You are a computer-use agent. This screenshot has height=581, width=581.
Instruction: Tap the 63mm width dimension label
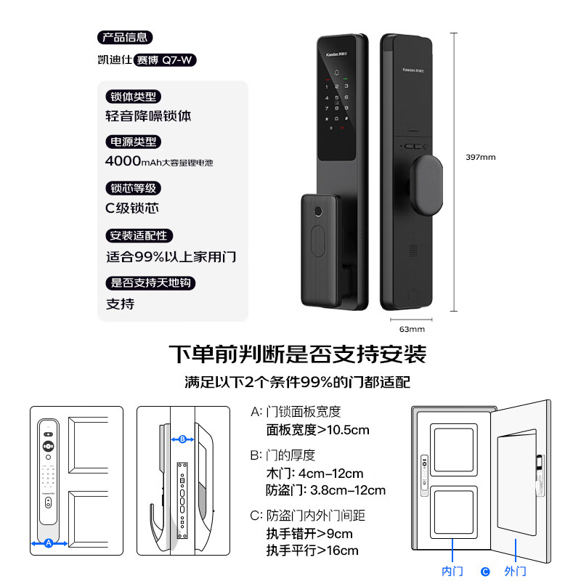click(411, 328)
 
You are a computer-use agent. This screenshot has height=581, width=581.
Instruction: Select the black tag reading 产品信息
click(124, 38)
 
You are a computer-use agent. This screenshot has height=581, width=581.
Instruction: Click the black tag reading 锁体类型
click(132, 96)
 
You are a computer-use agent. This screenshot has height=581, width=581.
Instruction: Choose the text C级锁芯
click(132, 208)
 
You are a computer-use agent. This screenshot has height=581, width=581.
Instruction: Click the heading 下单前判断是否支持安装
click(297, 354)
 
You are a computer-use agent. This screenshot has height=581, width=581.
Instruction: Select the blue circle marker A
click(49, 543)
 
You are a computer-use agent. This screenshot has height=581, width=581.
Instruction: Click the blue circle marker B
click(183, 439)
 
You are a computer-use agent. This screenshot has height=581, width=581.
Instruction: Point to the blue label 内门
click(452, 571)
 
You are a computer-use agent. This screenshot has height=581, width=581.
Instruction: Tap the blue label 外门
click(515, 571)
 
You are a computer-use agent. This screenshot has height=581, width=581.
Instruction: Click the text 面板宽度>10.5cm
click(318, 430)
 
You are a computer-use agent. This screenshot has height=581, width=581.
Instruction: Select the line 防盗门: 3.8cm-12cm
click(326, 490)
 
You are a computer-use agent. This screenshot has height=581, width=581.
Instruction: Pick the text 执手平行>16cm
click(312, 550)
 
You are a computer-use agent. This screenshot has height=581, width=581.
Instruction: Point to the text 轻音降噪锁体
click(149, 115)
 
